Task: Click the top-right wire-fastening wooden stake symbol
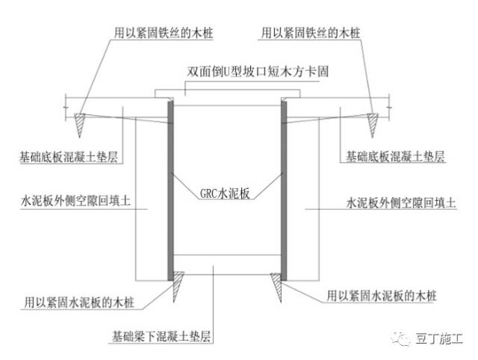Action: click(371, 120)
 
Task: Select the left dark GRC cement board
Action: click(171, 186)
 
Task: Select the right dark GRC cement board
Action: click(284, 186)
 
